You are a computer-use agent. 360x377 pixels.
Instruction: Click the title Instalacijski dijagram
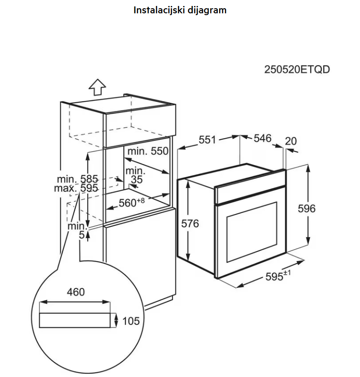pos(180,10)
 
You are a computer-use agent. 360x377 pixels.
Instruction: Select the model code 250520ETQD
pos(297,70)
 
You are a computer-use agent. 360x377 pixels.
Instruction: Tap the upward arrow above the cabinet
pos(97,87)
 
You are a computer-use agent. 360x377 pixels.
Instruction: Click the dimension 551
pos(207,140)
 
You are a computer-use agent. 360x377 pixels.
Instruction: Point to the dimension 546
pos(262,138)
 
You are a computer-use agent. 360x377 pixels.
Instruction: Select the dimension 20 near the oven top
pos(291,141)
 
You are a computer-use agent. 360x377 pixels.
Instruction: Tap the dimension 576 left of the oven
pos(190,223)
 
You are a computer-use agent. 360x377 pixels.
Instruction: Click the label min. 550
pos(148,151)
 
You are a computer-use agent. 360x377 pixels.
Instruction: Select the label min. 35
pos(136,175)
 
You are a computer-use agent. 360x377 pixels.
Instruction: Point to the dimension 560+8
pos(132,202)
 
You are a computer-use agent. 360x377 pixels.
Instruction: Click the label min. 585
pos(78,178)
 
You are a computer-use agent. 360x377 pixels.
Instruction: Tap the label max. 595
pos(76,188)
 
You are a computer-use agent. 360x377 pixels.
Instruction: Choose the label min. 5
pos(78,230)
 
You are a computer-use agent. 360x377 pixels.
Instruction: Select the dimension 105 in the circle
pos(131,321)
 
